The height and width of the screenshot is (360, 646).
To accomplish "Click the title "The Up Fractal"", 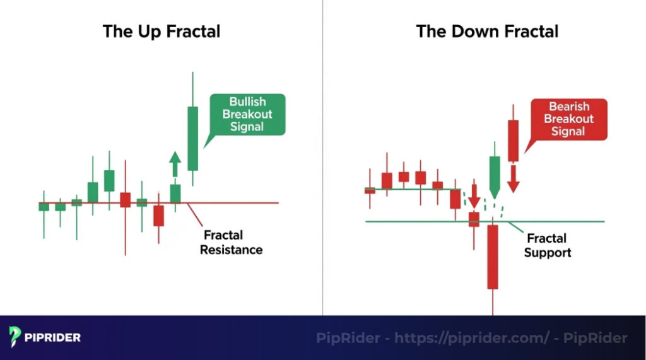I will (161, 32).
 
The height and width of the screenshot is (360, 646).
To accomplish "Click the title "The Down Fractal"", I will (487, 32).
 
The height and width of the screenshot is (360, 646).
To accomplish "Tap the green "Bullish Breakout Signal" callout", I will (247, 114).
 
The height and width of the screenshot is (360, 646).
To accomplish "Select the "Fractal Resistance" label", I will (231, 243).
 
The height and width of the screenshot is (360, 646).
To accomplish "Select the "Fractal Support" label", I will (547, 245).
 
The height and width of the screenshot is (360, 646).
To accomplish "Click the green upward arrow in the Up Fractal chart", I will (175, 165).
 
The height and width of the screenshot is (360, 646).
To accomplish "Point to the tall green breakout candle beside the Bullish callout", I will (192, 138).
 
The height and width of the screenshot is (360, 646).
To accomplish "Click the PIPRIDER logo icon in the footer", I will (15, 337).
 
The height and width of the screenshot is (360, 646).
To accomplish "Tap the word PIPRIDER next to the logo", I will (53, 337).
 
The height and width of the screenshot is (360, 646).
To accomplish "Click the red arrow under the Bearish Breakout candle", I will (514, 178).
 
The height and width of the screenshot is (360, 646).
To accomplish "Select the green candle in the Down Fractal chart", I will (495, 174).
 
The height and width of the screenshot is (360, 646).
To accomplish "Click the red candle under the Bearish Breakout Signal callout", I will (513, 140).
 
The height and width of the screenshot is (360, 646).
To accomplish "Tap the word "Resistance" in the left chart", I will (231, 250).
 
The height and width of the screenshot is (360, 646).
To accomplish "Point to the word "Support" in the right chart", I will (547, 253).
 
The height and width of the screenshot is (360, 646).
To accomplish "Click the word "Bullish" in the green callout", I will (247, 102).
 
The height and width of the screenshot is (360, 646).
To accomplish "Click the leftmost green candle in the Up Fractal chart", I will (44, 206).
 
